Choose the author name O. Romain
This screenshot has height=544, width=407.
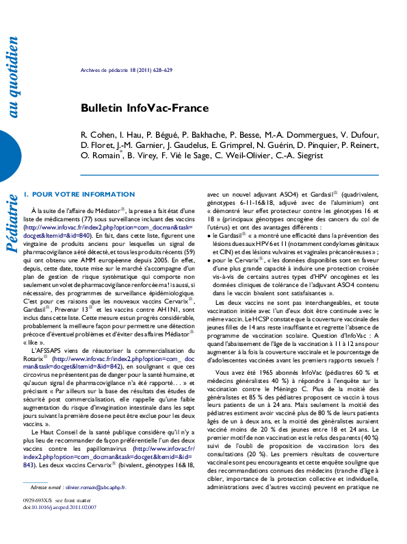(100, 156)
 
